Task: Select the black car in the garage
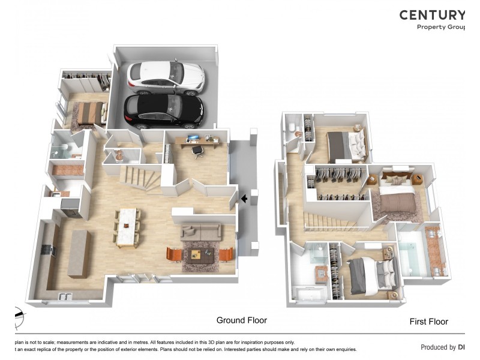tap(163, 111)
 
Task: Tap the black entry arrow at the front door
tap(244, 198)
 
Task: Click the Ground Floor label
tap(242, 320)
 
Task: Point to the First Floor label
tap(428, 322)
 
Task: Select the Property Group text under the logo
tap(441, 27)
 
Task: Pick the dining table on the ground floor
tap(127, 226)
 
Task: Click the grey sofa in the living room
tap(201, 232)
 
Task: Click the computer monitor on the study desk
tap(193, 139)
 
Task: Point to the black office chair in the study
tap(197, 151)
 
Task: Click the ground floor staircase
tap(139, 178)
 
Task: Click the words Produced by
tap(438, 347)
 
